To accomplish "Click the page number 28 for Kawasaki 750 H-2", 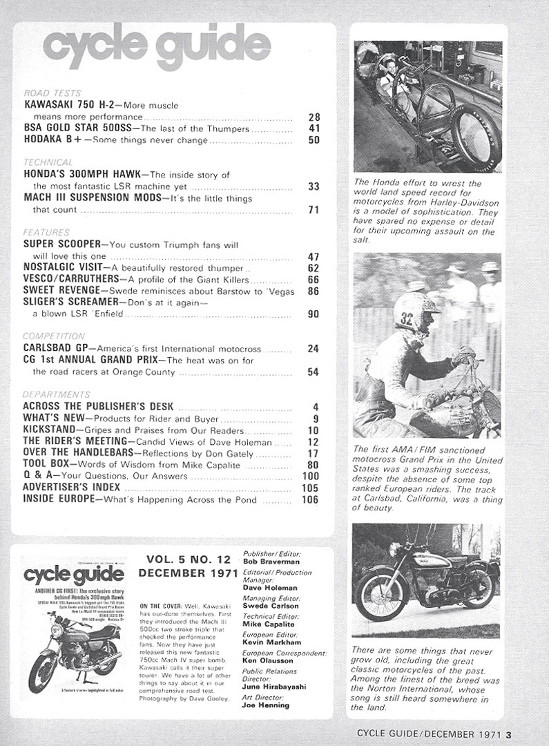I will [x=314, y=117].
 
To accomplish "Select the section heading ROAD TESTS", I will [x=52, y=93].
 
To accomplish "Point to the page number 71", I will [x=314, y=210].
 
